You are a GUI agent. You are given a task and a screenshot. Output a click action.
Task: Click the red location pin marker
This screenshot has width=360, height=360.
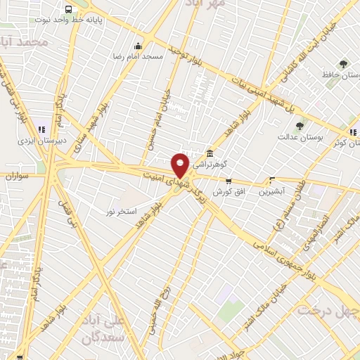[180, 165]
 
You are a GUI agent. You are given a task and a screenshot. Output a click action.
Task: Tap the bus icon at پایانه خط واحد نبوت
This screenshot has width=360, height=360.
[68, 10]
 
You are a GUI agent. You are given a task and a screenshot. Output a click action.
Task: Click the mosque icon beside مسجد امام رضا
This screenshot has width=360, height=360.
[138, 46]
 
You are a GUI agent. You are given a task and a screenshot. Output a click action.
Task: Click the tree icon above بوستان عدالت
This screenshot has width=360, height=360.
[300, 126]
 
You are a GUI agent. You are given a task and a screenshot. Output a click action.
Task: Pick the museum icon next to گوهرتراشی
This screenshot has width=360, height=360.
[210, 155]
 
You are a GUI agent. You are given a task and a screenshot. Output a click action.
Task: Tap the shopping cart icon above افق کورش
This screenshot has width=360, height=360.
[228, 181]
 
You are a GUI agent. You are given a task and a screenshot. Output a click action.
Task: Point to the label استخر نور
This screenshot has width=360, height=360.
[121, 211]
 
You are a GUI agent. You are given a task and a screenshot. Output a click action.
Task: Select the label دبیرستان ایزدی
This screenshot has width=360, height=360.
[41, 140]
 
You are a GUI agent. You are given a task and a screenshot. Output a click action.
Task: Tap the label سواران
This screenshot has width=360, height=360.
[15, 176]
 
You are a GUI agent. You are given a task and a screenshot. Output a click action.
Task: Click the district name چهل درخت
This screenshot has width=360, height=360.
[327, 309]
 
